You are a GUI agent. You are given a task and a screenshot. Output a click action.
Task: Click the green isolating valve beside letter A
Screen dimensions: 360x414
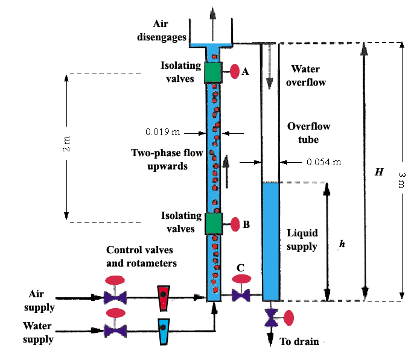click(213, 72)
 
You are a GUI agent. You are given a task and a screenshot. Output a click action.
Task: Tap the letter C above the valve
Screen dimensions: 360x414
click(241, 267)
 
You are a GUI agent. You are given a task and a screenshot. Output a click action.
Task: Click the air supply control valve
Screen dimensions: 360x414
click(114, 297)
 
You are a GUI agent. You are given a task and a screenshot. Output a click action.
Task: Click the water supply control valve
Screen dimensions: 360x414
click(114, 330)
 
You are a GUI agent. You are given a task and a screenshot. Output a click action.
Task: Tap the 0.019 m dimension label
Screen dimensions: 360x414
click(163, 131)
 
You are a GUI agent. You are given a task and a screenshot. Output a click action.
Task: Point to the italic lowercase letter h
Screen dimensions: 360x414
click(342, 245)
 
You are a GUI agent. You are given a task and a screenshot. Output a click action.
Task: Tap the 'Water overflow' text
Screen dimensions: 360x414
click(308, 75)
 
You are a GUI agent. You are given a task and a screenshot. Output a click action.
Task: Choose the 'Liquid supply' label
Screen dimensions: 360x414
click(302, 239)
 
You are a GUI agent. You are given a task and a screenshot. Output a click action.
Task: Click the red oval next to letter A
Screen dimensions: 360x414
click(234, 71)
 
